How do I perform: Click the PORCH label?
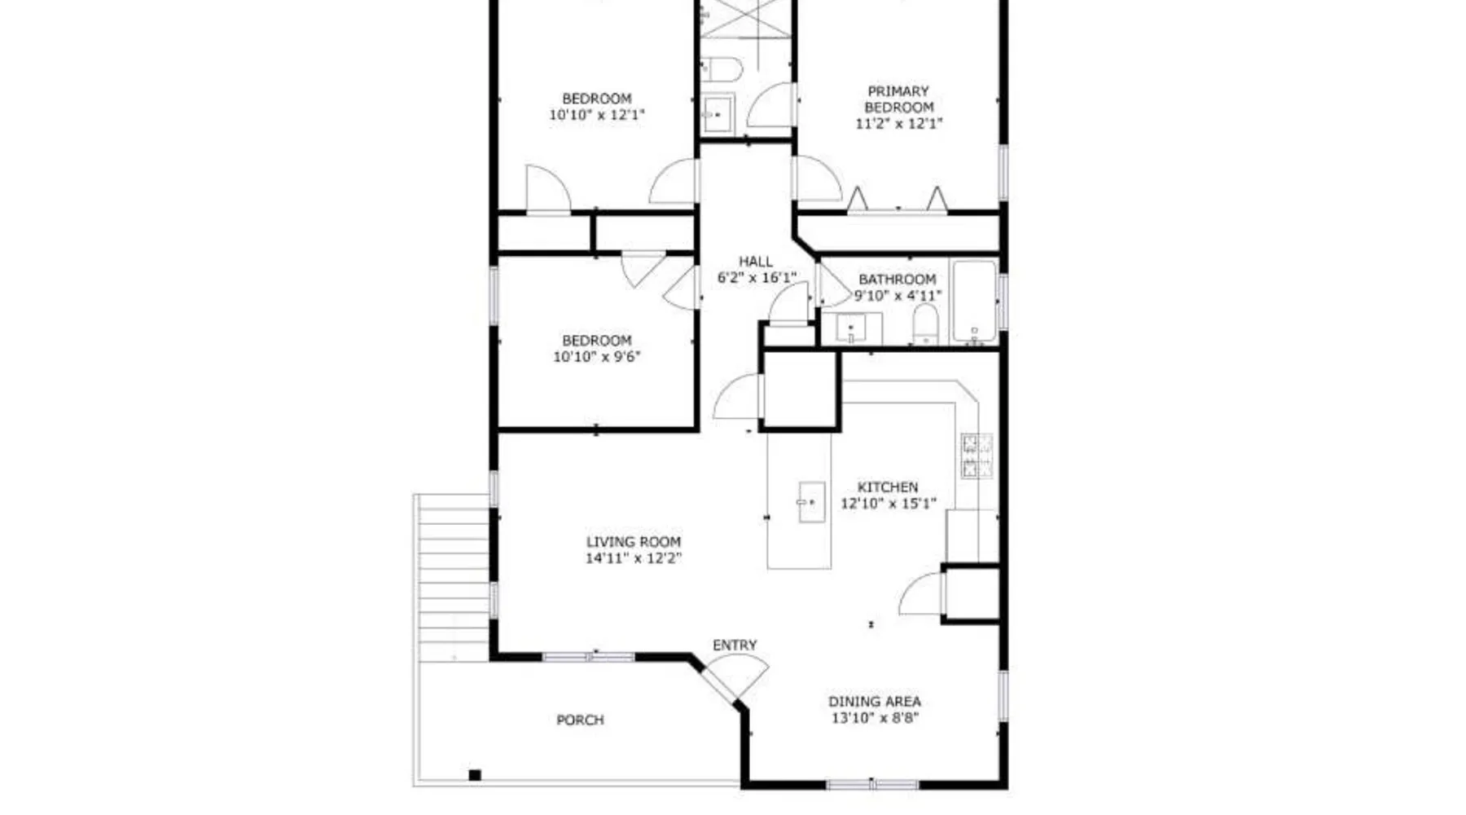click(580, 720)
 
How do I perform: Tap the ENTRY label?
click(735, 645)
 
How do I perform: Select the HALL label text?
click(756, 262)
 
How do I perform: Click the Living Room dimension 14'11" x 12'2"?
click(634, 558)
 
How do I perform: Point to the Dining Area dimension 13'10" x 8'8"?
click(875, 718)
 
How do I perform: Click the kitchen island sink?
click(811, 502)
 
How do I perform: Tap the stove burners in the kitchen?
click(977, 456)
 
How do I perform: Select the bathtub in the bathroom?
click(974, 302)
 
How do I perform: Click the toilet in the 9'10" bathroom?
click(925, 324)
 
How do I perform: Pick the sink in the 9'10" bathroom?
click(851, 328)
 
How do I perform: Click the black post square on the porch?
click(475, 775)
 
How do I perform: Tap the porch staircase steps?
click(453, 578)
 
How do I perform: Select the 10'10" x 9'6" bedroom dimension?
click(597, 357)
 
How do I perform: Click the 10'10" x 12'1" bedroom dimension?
click(597, 115)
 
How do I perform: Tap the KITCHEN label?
click(888, 487)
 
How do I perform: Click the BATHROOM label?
click(898, 280)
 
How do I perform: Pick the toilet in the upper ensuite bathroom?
click(722, 69)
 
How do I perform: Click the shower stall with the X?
click(745, 18)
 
